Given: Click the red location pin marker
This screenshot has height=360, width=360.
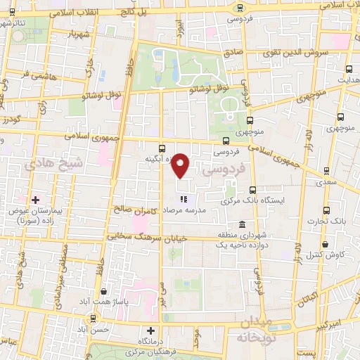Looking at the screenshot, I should [181, 165].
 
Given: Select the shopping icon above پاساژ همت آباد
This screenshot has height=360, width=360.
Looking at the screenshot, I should [104, 291].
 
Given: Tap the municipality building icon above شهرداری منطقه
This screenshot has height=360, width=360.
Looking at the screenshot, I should [242, 225].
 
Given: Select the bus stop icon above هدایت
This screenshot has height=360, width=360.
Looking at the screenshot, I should [349, 69].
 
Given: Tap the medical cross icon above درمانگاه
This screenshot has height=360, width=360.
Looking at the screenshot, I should [149, 330].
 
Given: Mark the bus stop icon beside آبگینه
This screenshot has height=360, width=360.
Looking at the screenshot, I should [162, 148].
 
